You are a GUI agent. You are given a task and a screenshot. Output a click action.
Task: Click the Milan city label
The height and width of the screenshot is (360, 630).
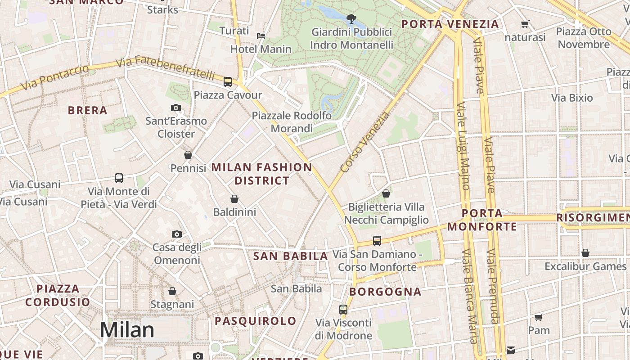(127, 330)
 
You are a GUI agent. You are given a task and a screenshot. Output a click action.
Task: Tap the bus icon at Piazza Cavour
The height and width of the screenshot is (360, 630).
(228, 82)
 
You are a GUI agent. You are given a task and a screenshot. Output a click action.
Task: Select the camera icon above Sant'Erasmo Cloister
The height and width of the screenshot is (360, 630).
(176, 108)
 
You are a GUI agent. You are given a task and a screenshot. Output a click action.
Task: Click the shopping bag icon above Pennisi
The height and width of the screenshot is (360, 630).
(188, 155)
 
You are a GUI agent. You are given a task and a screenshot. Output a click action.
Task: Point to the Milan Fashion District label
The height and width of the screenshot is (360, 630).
(261, 174)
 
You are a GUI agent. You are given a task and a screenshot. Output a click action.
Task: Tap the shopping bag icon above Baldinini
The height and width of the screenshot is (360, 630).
(234, 199)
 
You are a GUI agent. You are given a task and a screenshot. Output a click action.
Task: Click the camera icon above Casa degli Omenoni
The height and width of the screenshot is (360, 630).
(177, 234)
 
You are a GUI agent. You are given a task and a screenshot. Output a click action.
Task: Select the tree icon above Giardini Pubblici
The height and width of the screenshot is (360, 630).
(351, 19)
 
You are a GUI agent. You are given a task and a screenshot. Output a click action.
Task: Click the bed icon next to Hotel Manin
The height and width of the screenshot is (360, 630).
(261, 36)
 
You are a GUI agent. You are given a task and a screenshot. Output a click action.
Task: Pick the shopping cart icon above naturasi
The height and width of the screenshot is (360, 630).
(525, 24)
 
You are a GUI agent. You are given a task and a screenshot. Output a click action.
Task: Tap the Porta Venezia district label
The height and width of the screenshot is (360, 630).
(450, 24)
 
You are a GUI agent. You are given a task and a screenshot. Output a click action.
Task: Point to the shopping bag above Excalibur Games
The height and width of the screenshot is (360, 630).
(585, 253)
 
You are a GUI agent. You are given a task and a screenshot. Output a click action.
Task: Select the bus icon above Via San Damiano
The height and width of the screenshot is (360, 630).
(377, 241)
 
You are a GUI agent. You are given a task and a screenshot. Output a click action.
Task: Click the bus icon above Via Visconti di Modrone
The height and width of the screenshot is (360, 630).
(343, 310)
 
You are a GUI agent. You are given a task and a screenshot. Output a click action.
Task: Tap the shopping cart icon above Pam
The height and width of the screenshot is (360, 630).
(539, 318)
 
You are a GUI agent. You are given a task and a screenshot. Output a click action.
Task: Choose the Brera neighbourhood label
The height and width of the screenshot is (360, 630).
(87, 110)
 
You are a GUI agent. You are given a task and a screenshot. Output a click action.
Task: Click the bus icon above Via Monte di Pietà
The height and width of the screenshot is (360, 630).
(119, 178)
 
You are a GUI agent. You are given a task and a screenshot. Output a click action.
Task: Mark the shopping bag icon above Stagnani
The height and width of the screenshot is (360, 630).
(172, 292)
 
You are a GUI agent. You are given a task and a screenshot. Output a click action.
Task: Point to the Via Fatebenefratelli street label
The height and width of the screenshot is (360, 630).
(165, 68)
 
